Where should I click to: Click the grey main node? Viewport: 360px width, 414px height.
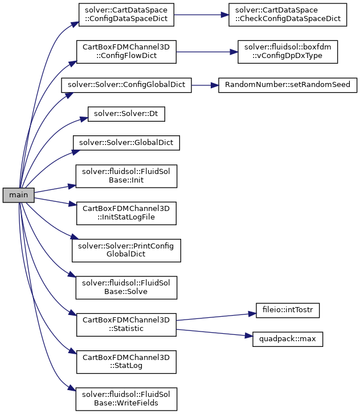pos(19,195)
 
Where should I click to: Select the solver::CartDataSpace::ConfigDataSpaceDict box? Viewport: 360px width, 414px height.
pos(126,15)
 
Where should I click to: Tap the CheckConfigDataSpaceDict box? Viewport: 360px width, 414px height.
pos(288,15)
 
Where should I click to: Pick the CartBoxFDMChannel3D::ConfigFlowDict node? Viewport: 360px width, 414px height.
pos(126,52)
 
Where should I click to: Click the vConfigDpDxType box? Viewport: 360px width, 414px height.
pos(288,52)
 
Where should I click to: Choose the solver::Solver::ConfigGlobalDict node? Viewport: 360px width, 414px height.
pos(126,85)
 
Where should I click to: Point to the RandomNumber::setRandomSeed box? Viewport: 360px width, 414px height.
pos(288,85)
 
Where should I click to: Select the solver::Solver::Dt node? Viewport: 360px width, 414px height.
pos(126,114)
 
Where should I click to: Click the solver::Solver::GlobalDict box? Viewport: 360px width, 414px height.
pos(126,143)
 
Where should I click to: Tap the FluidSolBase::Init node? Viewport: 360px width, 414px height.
pos(126,176)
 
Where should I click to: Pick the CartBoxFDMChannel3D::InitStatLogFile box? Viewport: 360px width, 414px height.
pos(126,213)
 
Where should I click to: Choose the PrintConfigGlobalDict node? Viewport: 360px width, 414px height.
pos(126,251)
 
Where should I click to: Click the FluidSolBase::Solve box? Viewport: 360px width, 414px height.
pos(126,288)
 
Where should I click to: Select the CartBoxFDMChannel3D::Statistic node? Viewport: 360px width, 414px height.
pos(126,325)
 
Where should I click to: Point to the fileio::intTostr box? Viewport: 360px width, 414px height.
pos(288,310)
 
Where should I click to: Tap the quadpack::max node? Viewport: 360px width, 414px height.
pos(288,339)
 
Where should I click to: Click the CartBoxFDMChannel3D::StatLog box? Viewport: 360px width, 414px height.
pos(126,362)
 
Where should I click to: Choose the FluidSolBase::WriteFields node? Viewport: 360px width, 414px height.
pos(126,399)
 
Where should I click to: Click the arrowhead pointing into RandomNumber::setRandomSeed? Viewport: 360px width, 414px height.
pos(215,85)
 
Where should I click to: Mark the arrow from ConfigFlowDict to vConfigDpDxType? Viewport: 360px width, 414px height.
pos(207,52)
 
